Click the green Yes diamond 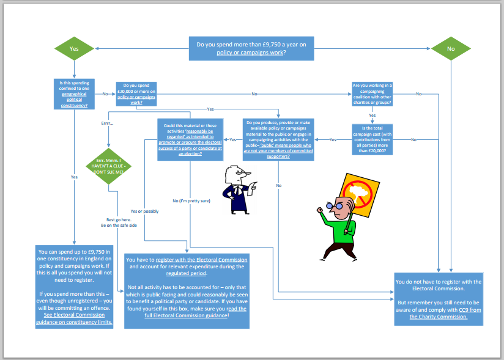click(x=74, y=48)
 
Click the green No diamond click(x=451, y=48)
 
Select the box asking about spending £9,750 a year click(x=251, y=48)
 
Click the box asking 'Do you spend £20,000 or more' click(x=136, y=94)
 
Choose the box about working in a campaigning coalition click(x=372, y=94)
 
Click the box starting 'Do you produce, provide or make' click(x=278, y=139)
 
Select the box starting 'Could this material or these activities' click(x=189, y=139)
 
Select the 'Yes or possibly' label click(x=144, y=211)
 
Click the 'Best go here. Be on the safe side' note click(x=119, y=222)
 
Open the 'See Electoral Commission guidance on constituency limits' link click(x=74, y=318)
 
